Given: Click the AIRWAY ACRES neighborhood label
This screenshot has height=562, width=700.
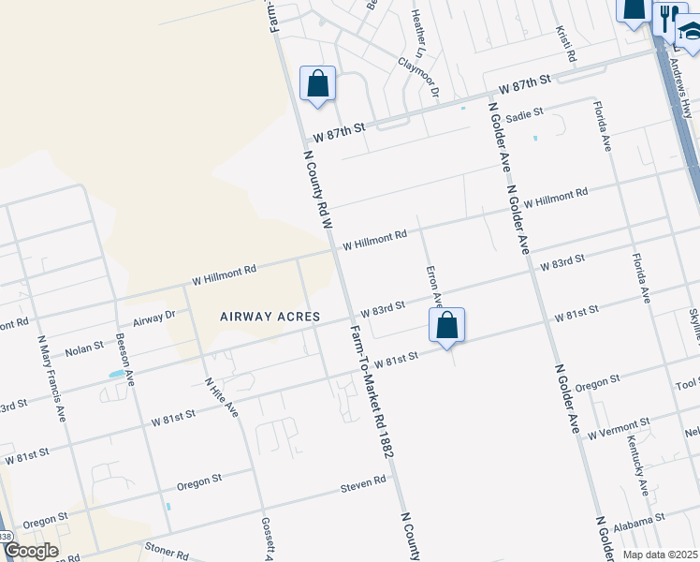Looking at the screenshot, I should point(270,317).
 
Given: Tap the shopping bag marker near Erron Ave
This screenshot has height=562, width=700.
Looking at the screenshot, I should point(447,326).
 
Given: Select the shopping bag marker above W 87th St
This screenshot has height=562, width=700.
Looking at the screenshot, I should point(318,83).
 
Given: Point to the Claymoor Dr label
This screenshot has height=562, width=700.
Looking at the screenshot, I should point(418,75).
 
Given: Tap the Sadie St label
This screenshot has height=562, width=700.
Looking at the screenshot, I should point(524,114).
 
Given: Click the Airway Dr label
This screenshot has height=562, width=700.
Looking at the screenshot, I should point(153,318).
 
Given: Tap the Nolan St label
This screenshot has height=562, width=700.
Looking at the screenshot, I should point(84,349).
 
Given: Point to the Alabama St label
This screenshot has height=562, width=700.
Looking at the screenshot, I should point(640,516).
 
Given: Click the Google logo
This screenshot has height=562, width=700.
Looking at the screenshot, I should point(31,551).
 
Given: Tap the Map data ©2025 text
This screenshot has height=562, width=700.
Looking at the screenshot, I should point(660,555).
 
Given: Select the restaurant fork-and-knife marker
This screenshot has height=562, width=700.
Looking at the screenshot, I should point(667,16).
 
